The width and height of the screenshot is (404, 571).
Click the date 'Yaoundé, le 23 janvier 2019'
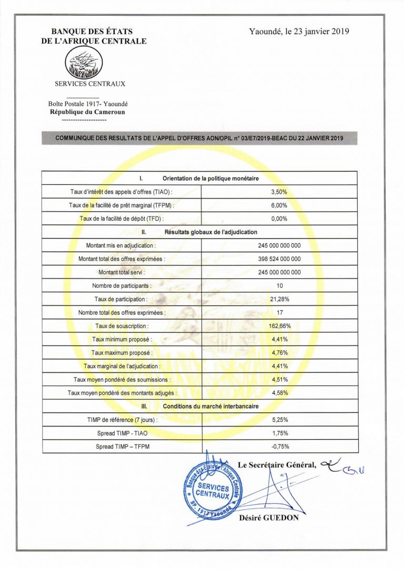coord(299,31)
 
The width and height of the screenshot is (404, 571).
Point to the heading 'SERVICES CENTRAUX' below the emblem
coord(90,83)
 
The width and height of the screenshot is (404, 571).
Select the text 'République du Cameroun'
coord(87,112)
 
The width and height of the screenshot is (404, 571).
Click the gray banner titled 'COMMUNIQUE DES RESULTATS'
coord(199,138)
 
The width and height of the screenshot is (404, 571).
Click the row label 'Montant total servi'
coord(122,272)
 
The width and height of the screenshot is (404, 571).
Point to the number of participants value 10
coord(279,286)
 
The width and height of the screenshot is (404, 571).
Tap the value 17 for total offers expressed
coord(279,313)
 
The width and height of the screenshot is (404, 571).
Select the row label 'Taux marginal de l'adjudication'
coord(122,366)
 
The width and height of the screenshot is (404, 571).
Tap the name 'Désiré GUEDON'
coord(269,517)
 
